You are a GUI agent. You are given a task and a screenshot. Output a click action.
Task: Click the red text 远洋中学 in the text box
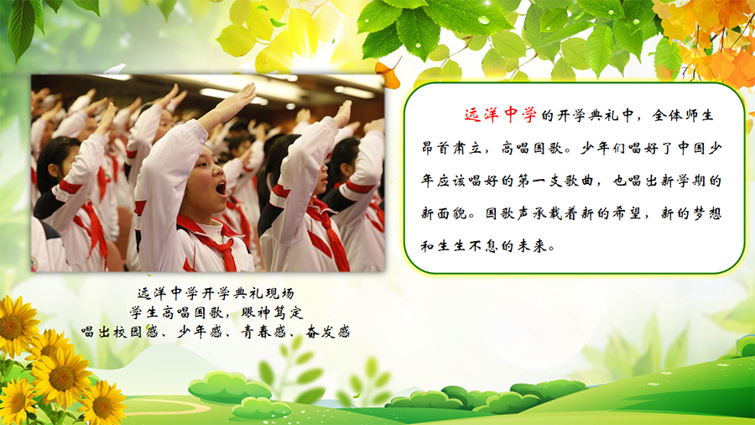(x=501, y=115)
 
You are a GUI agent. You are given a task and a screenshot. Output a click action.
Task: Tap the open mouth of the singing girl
(x=221, y=187)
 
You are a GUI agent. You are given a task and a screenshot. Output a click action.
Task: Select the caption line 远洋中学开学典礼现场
(x=216, y=293)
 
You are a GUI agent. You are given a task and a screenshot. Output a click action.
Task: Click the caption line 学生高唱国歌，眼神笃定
(x=216, y=312)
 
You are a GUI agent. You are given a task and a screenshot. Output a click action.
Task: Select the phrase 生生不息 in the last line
(x=467, y=246)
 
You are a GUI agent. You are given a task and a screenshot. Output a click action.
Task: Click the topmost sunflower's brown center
(x=11, y=328)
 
